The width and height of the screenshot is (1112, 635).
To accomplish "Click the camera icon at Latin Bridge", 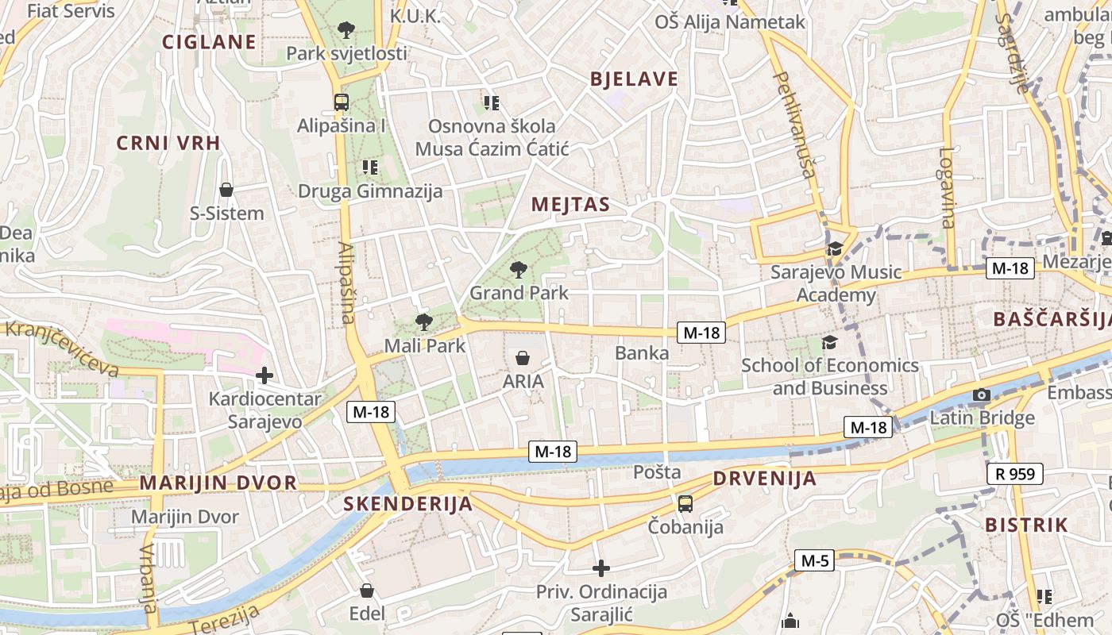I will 982,394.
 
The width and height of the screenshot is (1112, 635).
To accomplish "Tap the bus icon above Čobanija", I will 685,503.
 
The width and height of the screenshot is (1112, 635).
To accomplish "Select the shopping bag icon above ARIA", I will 523,358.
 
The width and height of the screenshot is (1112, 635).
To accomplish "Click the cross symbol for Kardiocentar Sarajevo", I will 264,375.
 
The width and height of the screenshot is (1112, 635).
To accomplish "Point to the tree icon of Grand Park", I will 519,270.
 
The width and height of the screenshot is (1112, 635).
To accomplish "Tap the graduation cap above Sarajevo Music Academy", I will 835,249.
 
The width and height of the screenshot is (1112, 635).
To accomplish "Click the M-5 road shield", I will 815,561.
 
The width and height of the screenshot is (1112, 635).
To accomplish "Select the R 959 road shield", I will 1015,474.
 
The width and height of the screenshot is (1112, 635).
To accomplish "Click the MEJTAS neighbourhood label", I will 570,205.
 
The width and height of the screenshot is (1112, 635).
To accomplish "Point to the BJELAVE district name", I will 634,79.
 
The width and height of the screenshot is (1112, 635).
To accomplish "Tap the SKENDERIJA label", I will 407,504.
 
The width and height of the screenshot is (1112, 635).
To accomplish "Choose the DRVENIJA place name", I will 764,479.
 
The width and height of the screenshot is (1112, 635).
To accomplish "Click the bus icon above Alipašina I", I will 342,102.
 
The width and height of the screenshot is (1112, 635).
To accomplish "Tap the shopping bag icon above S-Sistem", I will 226,190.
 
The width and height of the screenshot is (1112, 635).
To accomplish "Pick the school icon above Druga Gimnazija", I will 369,167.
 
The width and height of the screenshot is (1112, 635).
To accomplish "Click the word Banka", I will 642,353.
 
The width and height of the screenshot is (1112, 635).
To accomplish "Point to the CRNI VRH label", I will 168,143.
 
